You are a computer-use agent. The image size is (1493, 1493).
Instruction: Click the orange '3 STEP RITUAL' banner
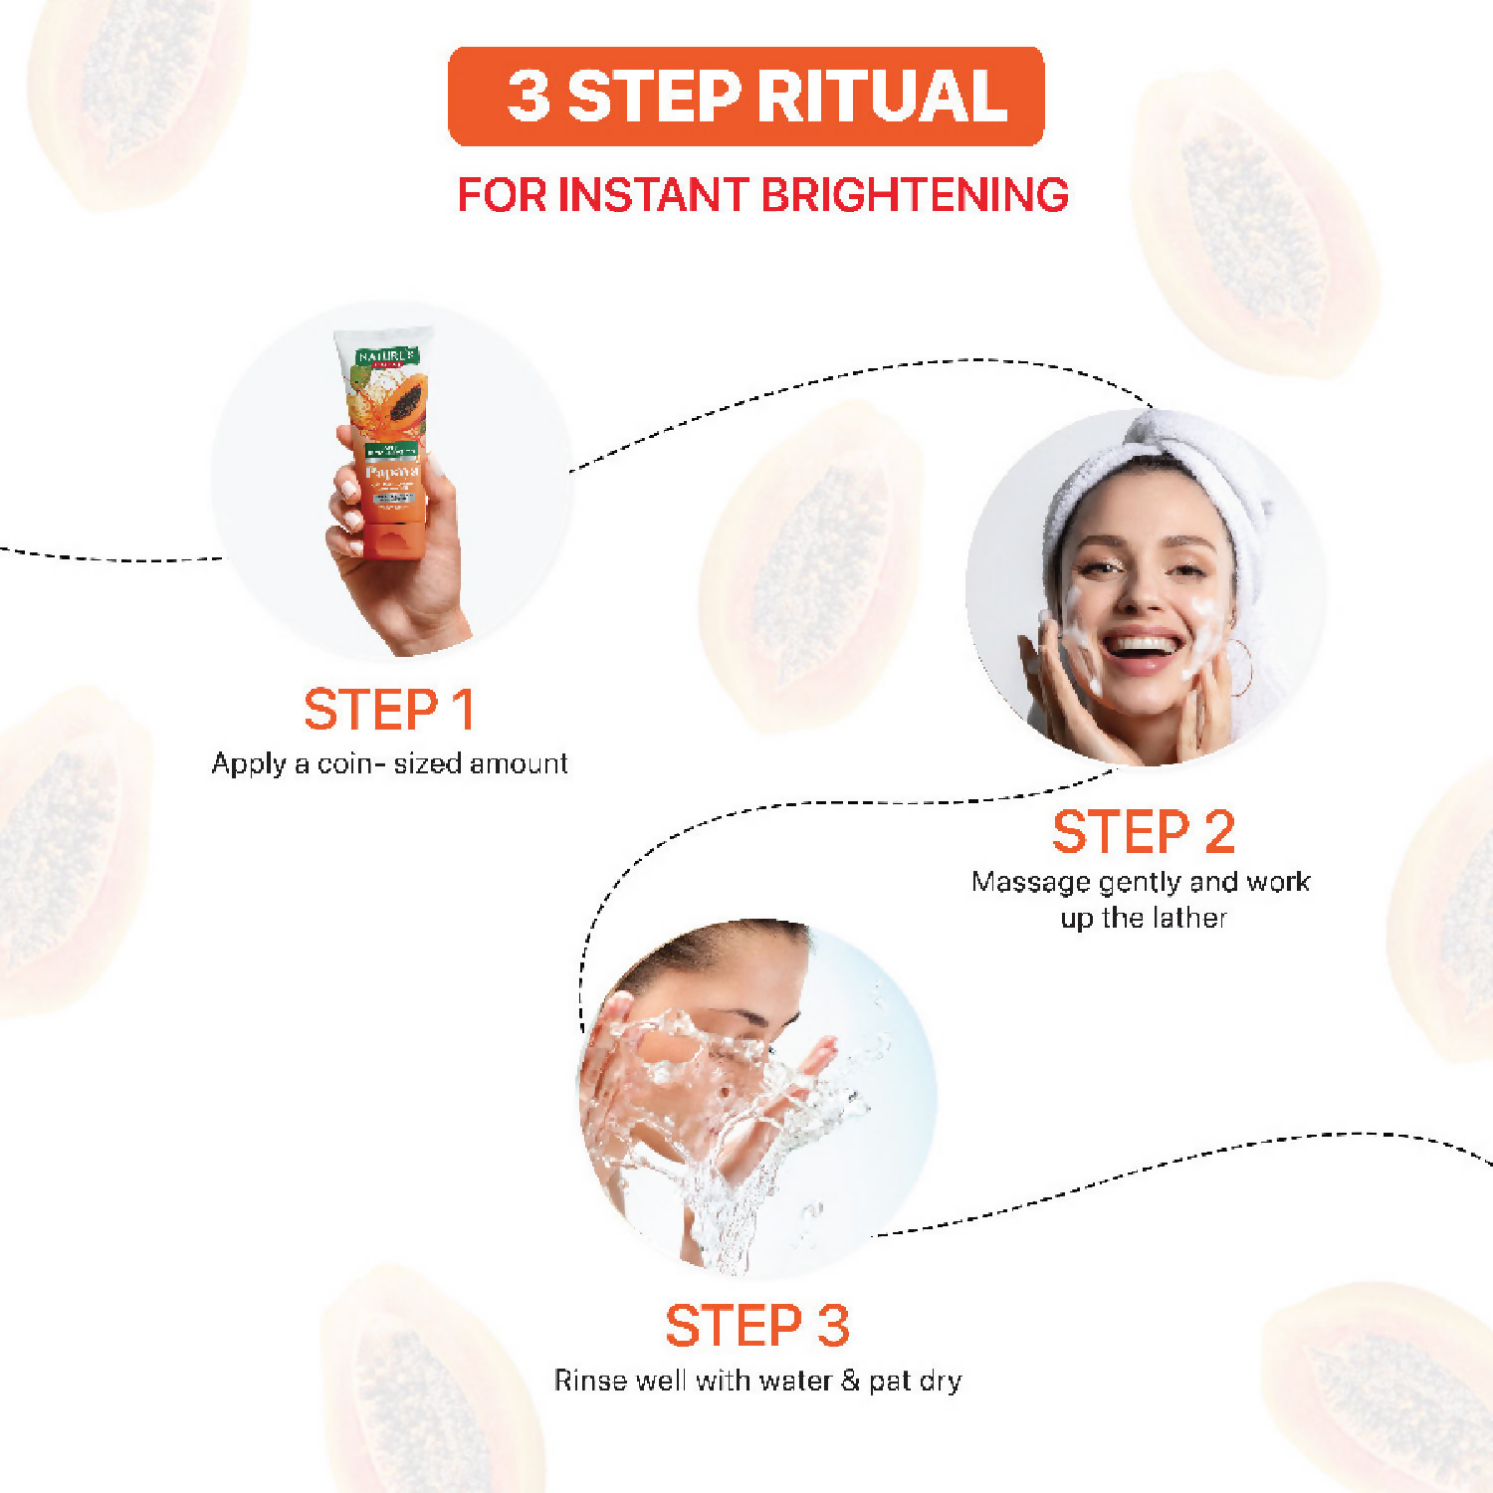coord(746,97)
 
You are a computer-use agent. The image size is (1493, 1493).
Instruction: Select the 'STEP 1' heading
coord(388,710)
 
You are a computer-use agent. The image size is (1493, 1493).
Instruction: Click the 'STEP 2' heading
coord(1143,832)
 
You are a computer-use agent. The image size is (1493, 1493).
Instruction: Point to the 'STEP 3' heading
coord(756,1326)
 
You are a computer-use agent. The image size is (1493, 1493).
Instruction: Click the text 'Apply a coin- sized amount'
coord(389,763)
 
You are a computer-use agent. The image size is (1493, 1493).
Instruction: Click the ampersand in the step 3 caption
coord(849,1381)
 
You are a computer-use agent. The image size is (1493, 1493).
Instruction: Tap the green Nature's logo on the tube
coord(386,356)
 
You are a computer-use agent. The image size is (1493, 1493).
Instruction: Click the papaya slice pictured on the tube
coord(406,403)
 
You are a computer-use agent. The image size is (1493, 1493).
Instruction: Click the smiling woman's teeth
coord(1141,645)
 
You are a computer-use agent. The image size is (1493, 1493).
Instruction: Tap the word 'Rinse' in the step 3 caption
coord(586,1381)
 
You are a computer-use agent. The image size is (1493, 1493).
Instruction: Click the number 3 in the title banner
coord(528,97)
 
